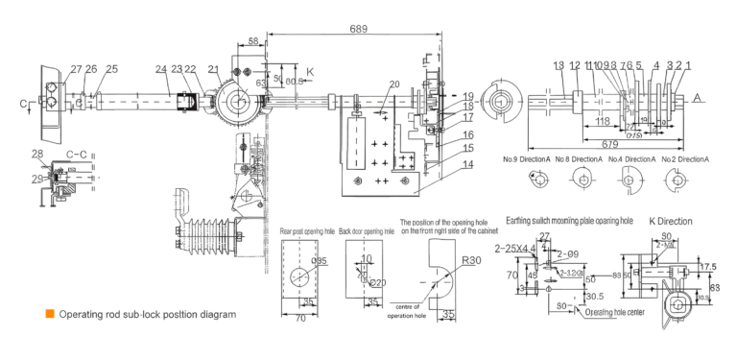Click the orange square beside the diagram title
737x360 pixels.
point(48,314)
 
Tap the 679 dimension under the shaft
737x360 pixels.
point(610,143)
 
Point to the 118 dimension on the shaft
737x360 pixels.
point(602,122)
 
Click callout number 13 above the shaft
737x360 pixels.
point(559,65)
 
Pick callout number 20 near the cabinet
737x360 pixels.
point(393,84)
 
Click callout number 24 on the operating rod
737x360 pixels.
point(161,69)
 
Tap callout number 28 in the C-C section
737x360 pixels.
point(36,154)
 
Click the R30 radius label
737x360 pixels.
point(471,260)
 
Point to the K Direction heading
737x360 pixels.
point(670,221)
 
